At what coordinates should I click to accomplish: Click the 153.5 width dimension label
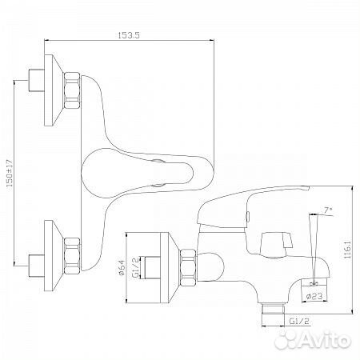[x=129, y=35]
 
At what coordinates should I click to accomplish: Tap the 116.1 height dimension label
[x=347, y=249]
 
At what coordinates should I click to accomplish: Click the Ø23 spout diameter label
[x=314, y=296]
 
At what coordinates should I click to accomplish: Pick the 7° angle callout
[x=329, y=210]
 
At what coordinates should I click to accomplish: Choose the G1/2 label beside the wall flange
[x=136, y=267]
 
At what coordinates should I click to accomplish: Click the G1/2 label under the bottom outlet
[x=299, y=322]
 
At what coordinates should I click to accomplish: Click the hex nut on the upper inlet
[x=72, y=90]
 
